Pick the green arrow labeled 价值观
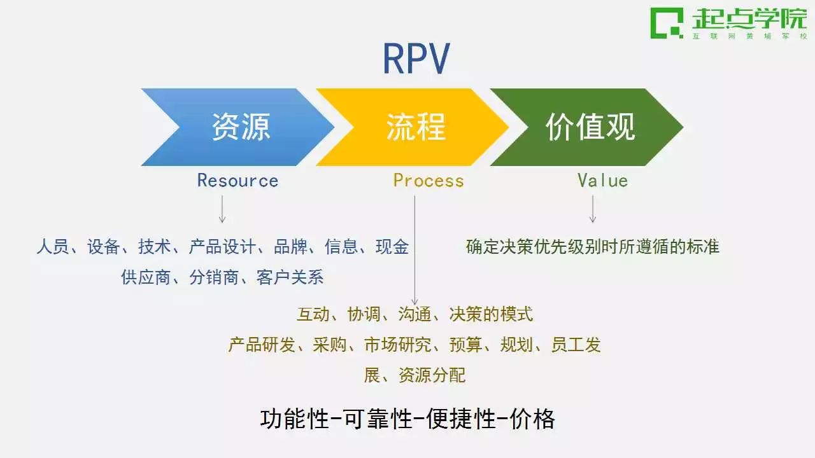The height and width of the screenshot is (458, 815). [x=586, y=127]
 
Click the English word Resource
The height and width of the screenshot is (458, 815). [x=237, y=181]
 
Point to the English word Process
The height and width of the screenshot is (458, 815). [x=429, y=181]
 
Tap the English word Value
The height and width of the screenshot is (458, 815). [x=603, y=181]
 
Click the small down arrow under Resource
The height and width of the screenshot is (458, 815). [x=222, y=209]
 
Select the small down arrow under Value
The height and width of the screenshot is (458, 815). [x=593, y=209]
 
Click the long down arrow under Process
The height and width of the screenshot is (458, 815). [x=415, y=251]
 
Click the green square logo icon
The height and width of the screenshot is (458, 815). [x=667, y=23]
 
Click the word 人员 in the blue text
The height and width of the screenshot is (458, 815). [x=53, y=247]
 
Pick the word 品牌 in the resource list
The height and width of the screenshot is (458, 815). [x=290, y=247]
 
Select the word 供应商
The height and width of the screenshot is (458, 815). [x=146, y=277]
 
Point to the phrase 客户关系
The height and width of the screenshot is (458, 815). [x=290, y=277]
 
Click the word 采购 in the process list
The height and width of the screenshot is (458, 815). [x=330, y=345]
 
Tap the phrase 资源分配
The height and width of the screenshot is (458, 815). [x=432, y=375]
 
